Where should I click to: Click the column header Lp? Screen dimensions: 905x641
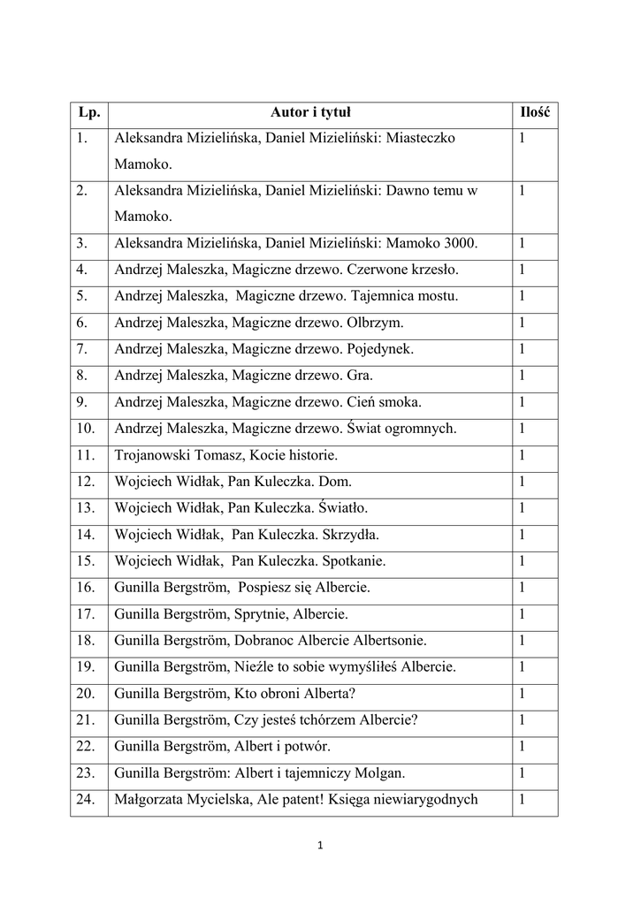click(88, 113)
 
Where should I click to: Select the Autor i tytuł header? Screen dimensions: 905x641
click(310, 113)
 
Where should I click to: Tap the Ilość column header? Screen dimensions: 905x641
click(534, 113)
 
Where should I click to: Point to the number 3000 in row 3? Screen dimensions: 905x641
click(457, 243)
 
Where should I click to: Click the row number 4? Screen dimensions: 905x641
click(81, 270)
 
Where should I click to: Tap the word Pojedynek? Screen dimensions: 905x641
click(383, 349)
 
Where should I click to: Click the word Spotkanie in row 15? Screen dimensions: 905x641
click(354, 561)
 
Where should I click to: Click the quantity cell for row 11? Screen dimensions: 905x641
click(523, 455)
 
